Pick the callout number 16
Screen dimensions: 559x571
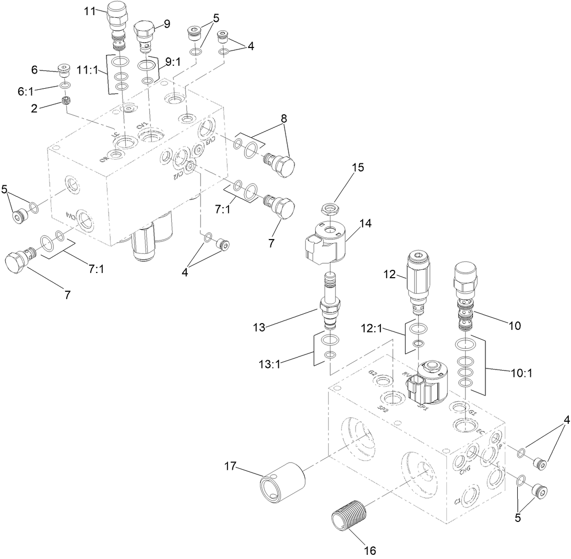pos(369,550)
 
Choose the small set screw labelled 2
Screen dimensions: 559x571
pos(66,100)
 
